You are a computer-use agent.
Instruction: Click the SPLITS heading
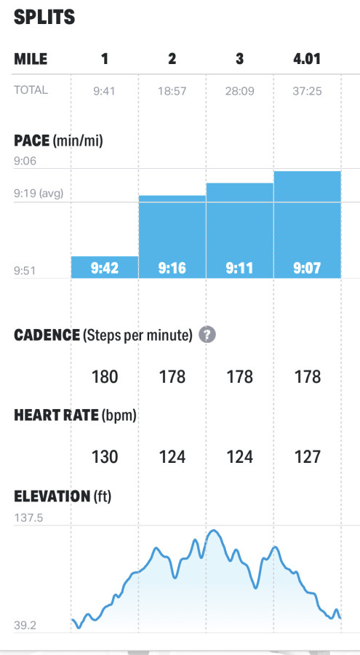tap(44, 17)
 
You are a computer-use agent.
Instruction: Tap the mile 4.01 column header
tap(307, 59)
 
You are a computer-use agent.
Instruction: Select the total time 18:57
tap(172, 91)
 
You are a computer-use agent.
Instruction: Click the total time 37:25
tap(307, 91)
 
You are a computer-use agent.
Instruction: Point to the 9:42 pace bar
tap(105, 267)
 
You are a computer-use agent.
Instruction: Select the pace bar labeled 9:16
tap(172, 237)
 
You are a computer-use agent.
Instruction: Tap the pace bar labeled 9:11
tap(240, 231)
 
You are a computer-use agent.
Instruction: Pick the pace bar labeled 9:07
tap(308, 225)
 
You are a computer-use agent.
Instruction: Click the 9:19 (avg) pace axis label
tap(39, 194)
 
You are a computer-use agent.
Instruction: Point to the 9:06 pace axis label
tap(25, 161)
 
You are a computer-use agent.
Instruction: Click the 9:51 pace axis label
tap(25, 271)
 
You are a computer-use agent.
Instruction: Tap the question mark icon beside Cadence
tap(207, 335)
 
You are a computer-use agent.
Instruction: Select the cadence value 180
tap(105, 377)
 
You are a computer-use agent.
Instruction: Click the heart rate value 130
tap(105, 456)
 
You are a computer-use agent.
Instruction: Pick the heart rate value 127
tap(308, 456)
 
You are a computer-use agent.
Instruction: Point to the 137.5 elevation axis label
tap(28, 518)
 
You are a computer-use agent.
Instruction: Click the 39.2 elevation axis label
tap(25, 625)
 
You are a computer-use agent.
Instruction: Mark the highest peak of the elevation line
tap(214, 531)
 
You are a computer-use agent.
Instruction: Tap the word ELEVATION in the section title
tap(52, 496)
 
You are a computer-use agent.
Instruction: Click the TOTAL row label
tap(31, 90)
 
